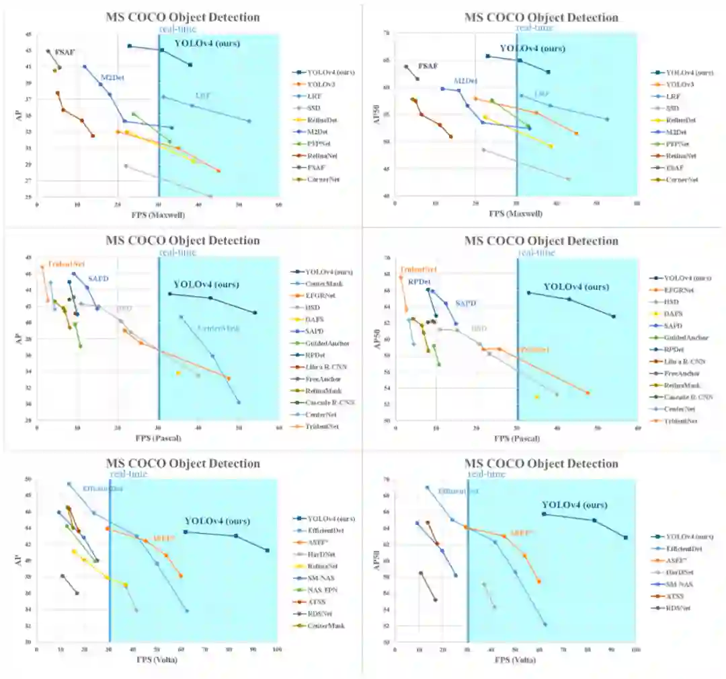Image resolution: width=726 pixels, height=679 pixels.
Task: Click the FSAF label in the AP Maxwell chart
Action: click(65, 52)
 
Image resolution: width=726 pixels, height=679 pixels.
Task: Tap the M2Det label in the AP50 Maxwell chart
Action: click(465, 81)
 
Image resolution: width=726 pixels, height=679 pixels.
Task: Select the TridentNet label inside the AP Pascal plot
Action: click(67, 264)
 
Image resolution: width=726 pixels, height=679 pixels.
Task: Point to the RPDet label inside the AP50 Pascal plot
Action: click(419, 281)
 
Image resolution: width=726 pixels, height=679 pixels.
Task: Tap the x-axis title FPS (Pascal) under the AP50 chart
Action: click(517, 438)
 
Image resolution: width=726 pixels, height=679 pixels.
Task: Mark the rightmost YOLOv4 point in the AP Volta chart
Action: click(268, 550)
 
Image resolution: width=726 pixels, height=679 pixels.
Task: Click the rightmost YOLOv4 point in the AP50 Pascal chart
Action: click(613, 316)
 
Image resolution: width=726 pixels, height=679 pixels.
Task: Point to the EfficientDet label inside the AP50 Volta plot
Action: click(458, 491)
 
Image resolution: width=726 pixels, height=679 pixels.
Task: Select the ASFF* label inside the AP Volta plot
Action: click(164, 538)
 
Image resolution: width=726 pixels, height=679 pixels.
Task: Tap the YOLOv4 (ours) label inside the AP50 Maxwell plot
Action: click(532, 48)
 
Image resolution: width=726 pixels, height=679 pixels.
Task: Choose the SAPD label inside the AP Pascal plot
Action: click(98, 279)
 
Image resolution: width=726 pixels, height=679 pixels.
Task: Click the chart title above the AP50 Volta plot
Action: click(541, 464)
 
